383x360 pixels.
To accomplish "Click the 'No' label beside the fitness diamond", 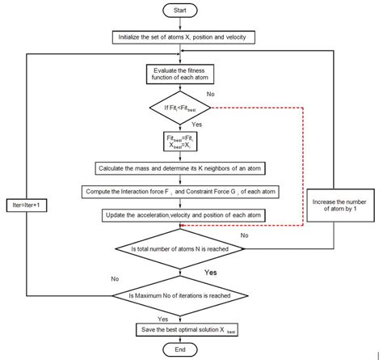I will pyautogui.click(x=211, y=95).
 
